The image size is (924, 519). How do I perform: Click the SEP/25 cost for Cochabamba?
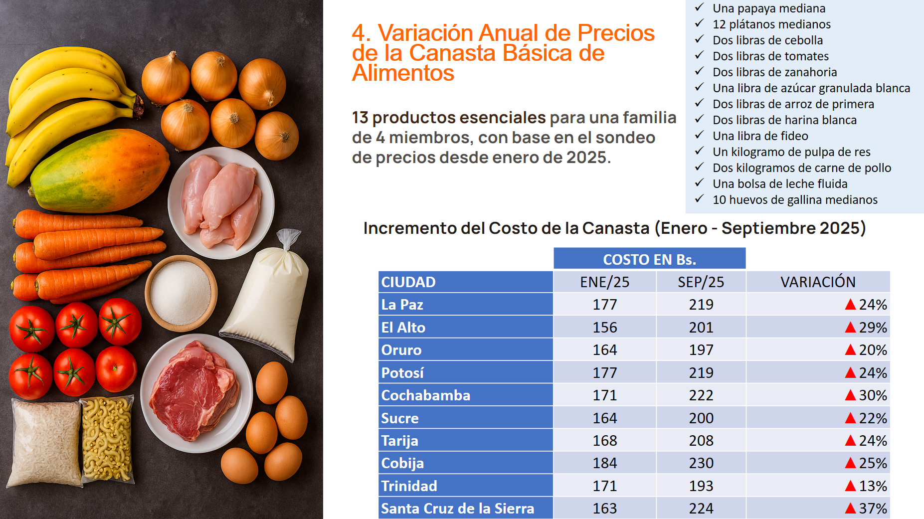(701, 395)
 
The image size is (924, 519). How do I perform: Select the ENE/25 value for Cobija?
(604, 463)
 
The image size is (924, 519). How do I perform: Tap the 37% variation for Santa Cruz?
(873, 509)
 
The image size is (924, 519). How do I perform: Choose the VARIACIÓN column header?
(818, 282)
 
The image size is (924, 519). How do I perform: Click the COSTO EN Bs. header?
(649, 259)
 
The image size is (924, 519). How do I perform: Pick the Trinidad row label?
(409, 486)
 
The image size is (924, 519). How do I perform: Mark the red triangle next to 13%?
(850, 486)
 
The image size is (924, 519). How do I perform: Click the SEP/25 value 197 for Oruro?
(701, 350)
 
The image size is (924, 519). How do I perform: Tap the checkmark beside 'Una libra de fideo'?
(699, 135)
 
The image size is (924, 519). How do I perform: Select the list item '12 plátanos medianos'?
(771, 24)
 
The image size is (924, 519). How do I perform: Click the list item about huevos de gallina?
(795, 200)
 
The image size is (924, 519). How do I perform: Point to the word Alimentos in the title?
(403, 73)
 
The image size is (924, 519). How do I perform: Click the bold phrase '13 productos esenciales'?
(449, 118)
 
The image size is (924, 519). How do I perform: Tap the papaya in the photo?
(100, 172)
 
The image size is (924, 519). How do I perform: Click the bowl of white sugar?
(181, 293)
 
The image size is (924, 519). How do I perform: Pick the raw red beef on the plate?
(194, 391)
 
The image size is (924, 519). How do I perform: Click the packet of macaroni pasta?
(107, 439)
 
